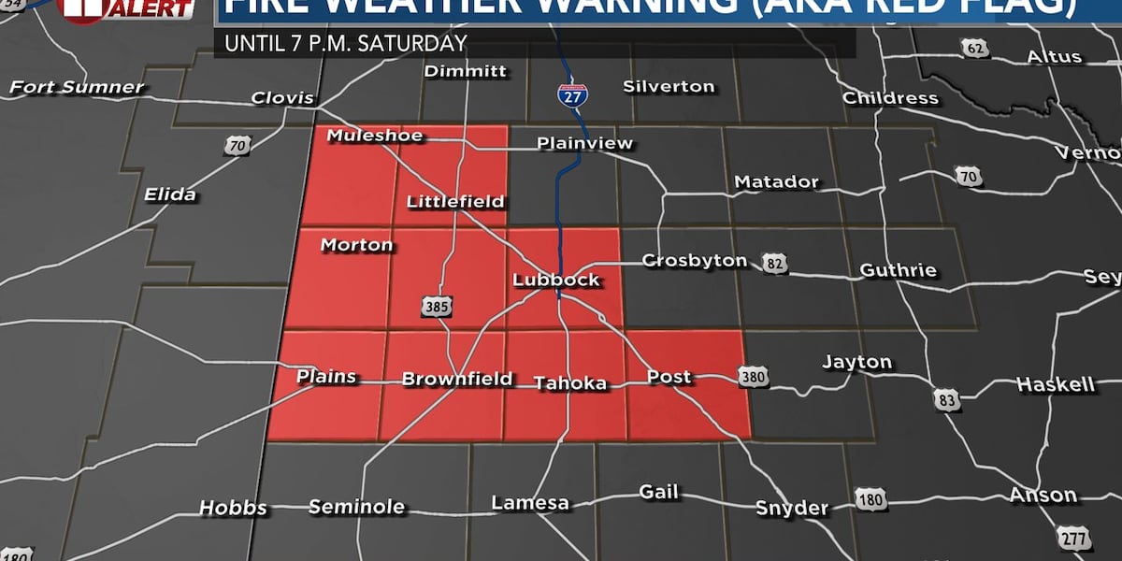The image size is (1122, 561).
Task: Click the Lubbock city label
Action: [555, 280]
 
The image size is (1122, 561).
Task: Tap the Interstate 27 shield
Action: [568, 93]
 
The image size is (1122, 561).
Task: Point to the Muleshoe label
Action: [374, 137]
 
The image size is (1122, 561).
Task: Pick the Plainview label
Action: [584, 144]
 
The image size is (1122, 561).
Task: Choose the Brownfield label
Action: [457, 379]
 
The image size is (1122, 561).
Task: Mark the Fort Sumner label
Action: [77, 88]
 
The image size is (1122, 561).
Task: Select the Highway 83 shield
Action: [944, 399]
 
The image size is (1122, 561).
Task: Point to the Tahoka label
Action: [569, 382]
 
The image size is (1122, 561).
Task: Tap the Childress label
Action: [890, 98]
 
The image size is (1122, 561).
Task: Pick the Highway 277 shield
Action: [1074, 538]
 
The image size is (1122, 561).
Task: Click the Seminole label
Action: [356, 507]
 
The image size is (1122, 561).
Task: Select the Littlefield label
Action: [455, 201]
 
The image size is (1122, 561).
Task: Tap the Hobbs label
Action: [233, 509]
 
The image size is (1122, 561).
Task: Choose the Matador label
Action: [776, 182]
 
